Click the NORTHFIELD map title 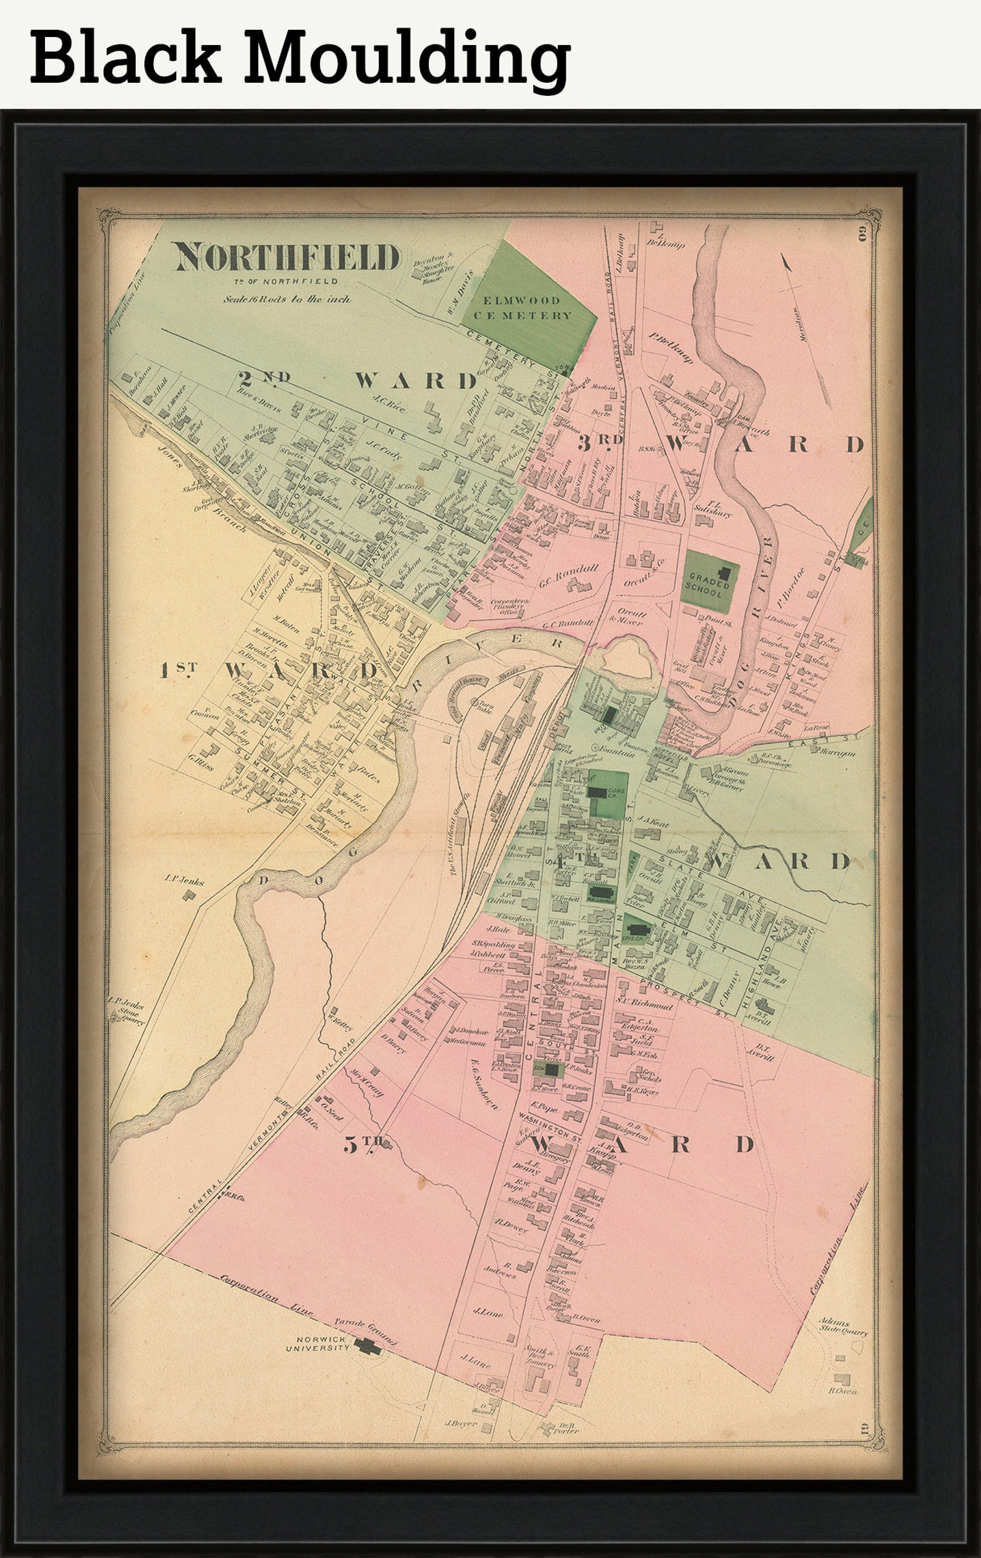(x=287, y=258)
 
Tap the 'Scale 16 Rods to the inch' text (x=287, y=300)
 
